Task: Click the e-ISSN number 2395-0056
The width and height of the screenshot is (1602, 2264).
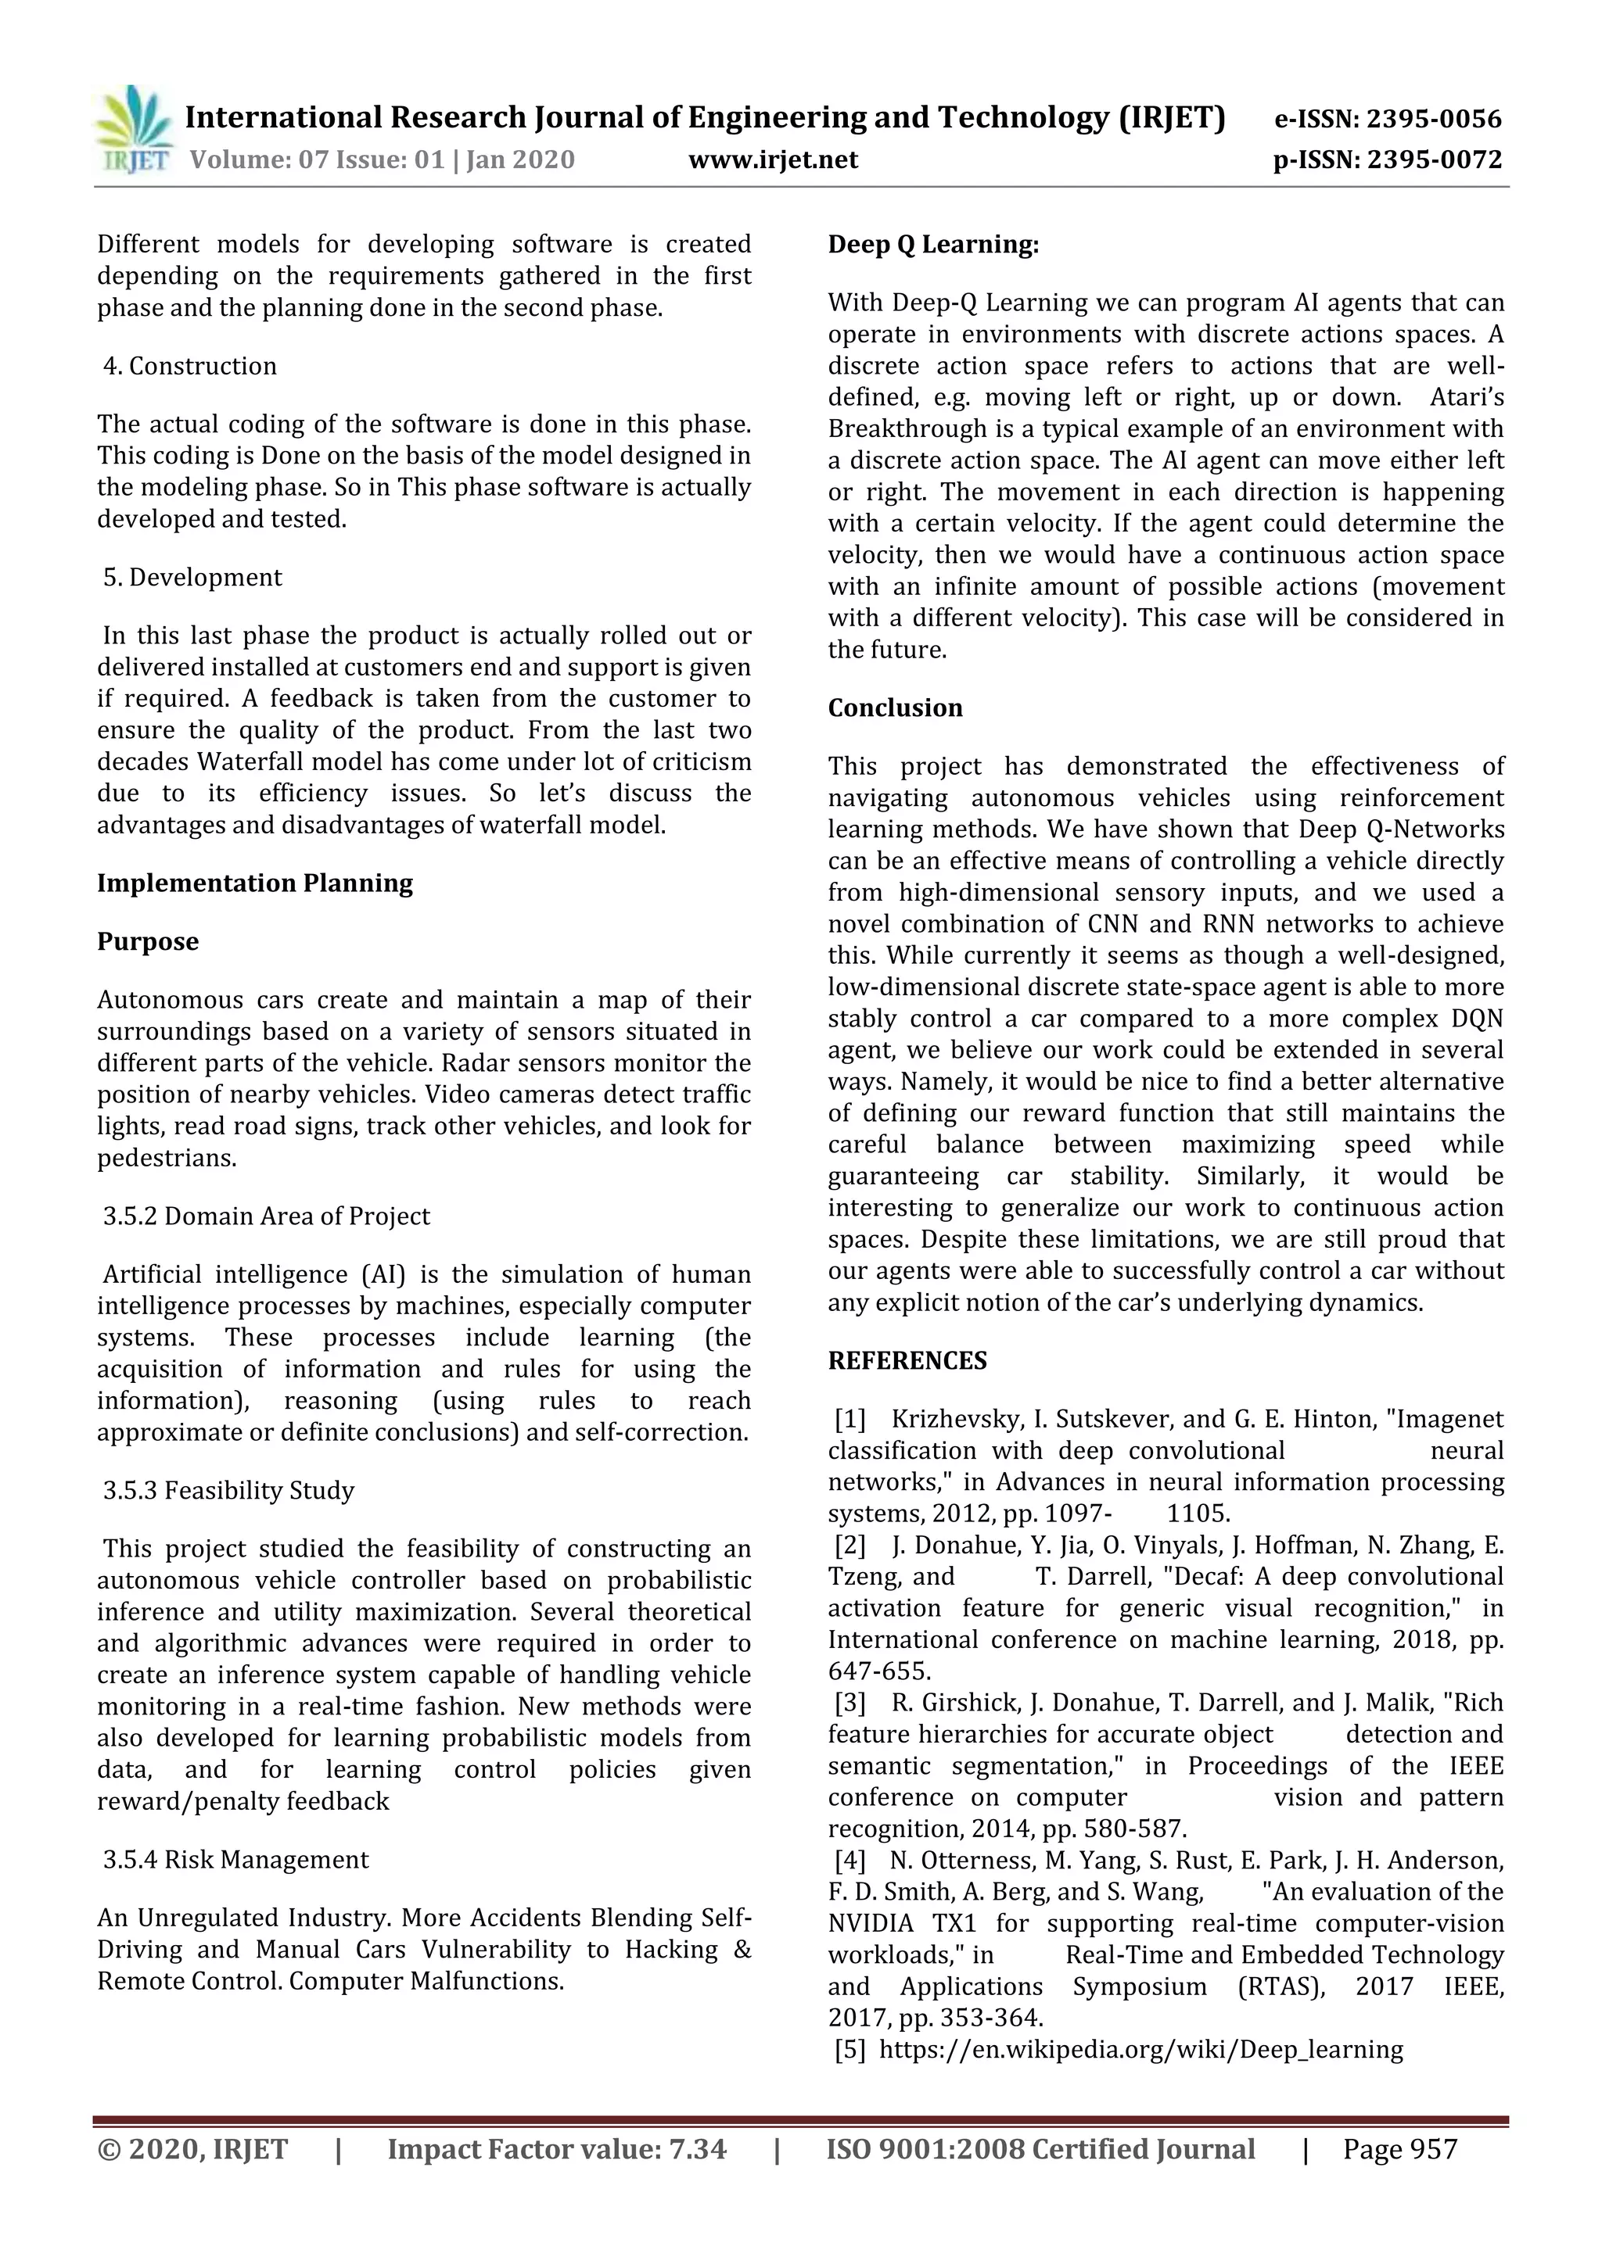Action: click(x=1433, y=120)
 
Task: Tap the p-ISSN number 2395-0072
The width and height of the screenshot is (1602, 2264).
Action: click(x=1433, y=159)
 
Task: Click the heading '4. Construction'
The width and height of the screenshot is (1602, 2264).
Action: click(x=189, y=366)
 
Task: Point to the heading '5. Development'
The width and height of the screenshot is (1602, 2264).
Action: click(x=192, y=577)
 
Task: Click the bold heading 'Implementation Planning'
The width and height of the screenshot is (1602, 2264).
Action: click(x=254, y=883)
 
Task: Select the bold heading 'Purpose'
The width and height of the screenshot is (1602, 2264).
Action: click(x=148, y=942)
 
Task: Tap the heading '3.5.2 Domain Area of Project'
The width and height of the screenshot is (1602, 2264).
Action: click(x=266, y=1216)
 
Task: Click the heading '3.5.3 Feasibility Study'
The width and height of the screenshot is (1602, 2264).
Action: click(x=229, y=1490)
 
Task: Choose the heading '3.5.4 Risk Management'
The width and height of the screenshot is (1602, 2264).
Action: click(x=235, y=1860)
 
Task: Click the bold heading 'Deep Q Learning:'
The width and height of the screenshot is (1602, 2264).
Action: click(x=933, y=245)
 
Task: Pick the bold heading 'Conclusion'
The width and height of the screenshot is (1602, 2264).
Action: click(x=895, y=708)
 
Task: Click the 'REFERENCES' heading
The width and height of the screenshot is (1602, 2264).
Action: click(x=907, y=1361)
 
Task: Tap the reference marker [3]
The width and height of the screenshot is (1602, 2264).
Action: click(x=849, y=1703)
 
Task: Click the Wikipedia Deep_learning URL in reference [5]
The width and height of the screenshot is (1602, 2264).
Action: click(x=1140, y=2050)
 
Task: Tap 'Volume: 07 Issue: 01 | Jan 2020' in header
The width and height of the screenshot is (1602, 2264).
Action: click(x=382, y=159)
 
